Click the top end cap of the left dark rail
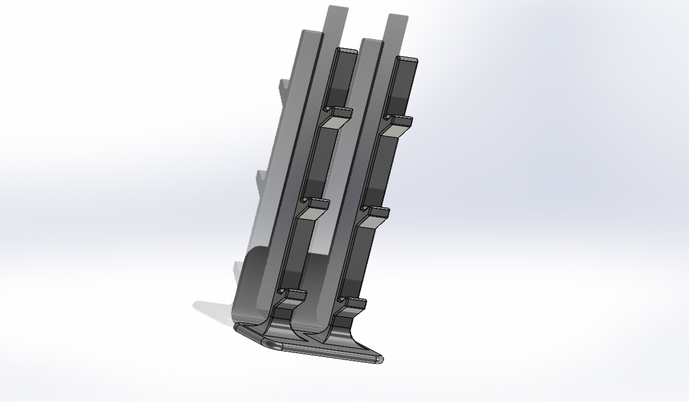347,51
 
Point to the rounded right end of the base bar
377,360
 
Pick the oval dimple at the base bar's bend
274,345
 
